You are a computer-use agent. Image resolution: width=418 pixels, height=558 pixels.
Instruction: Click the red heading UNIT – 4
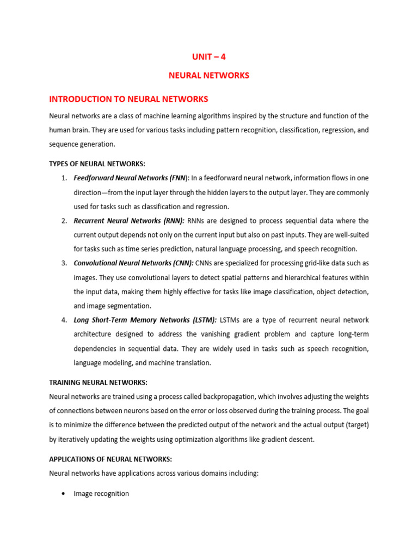(x=208, y=56)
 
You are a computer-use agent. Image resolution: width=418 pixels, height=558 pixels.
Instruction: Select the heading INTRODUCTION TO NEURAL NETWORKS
(x=128, y=99)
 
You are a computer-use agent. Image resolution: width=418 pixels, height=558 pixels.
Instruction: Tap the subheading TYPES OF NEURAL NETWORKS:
(x=97, y=164)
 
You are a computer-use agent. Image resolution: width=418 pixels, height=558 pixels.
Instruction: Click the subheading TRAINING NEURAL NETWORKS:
(x=98, y=383)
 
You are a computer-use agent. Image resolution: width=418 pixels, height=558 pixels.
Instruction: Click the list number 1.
(x=64, y=178)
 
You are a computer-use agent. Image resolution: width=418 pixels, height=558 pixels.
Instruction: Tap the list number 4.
(x=64, y=320)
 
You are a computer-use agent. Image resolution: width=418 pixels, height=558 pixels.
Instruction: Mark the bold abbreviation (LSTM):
(x=200, y=320)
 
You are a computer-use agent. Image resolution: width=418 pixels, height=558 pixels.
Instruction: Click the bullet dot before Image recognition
(x=64, y=494)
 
